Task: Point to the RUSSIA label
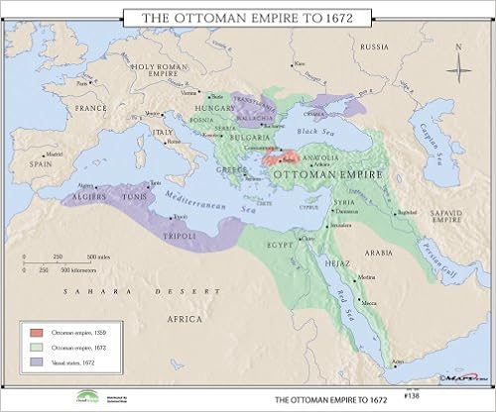point(373,47)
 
